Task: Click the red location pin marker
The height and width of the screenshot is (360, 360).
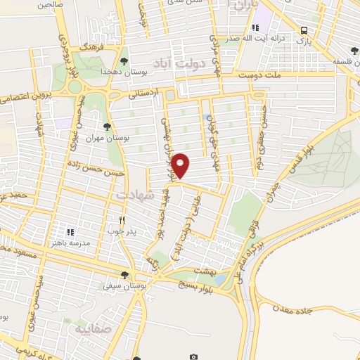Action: tap(181, 166)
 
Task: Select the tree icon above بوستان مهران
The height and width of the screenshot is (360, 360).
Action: tap(106, 127)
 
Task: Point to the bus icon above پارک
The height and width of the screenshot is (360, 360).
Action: tap(304, 30)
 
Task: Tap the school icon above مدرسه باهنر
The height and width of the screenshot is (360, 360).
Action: tap(70, 231)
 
